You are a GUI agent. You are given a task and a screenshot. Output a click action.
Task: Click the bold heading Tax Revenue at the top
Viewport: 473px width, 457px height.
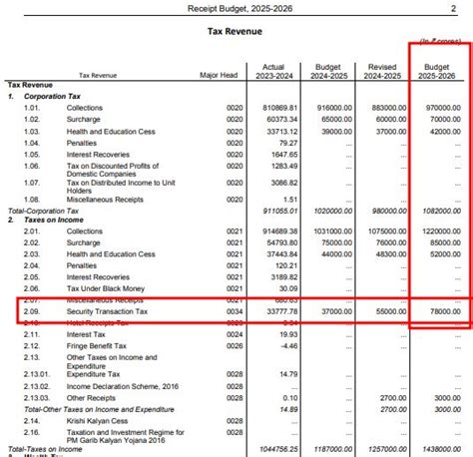pyautogui.click(x=236, y=32)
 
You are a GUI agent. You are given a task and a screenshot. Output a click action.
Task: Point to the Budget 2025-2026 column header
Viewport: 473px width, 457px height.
pyautogui.click(x=439, y=70)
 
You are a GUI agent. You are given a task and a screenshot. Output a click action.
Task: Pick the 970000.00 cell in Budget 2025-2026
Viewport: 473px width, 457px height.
pyautogui.click(x=440, y=107)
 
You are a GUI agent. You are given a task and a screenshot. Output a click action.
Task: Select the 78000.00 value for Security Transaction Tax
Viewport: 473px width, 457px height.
pyautogui.click(x=442, y=310)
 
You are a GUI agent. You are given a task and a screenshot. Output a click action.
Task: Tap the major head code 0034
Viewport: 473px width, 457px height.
pyautogui.click(x=234, y=310)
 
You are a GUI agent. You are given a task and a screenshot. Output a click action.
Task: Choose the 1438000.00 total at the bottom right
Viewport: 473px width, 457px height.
pyautogui.click(x=438, y=450)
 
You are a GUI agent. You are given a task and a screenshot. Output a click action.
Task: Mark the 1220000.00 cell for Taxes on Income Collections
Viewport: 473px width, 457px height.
pyautogui.click(x=438, y=229)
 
